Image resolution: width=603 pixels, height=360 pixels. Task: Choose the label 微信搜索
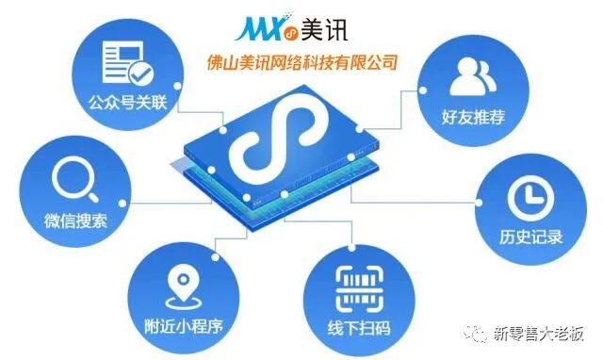[75, 222]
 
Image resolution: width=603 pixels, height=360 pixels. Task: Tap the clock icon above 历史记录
[525, 196]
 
